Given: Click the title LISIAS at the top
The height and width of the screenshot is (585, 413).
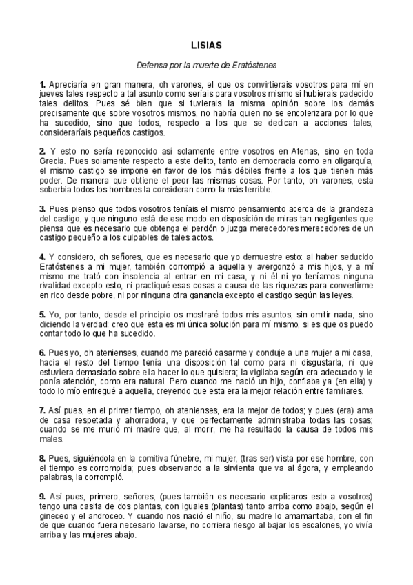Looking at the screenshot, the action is [x=207, y=46].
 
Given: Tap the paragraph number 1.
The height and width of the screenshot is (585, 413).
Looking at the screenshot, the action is [x=42, y=84].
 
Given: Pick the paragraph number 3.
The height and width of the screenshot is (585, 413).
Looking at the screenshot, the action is [x=42, y=208].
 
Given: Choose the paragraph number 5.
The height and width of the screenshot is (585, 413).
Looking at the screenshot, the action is [x=42, y=314].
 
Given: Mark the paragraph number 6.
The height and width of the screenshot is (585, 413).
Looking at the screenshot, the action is [x=42, y=352].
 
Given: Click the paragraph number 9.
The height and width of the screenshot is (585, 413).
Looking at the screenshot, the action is [x=42, y=497].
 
